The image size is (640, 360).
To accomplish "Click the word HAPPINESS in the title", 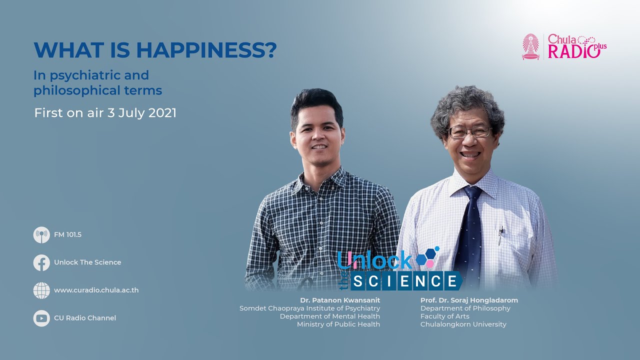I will [x=206, y=50].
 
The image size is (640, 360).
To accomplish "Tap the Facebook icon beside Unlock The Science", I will [x=41, y=262].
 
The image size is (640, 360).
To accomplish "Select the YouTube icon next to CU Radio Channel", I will [x=41, y=318].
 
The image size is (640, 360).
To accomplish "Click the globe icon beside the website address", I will [x=41, y=290].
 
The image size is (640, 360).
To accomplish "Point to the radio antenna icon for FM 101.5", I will [x=41, y=235].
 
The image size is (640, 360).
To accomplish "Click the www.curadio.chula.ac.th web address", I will [x=96, y=290].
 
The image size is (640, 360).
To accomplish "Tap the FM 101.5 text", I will [x=67, y=235].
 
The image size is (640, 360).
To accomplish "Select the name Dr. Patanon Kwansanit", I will [x=340, y=300].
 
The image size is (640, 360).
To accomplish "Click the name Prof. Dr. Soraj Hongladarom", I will [x=469, y=300].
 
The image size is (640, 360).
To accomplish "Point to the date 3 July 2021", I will [x=141, y=113].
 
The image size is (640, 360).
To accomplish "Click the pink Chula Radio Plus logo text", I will [x=576, y=46].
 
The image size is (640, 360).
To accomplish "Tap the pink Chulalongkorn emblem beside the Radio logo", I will [x=531, y=47].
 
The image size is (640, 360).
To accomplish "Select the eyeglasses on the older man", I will [x=469, y=131].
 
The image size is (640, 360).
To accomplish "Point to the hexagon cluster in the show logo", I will [x=427, y=256].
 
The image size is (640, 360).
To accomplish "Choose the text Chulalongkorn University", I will [x=463, y=324].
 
